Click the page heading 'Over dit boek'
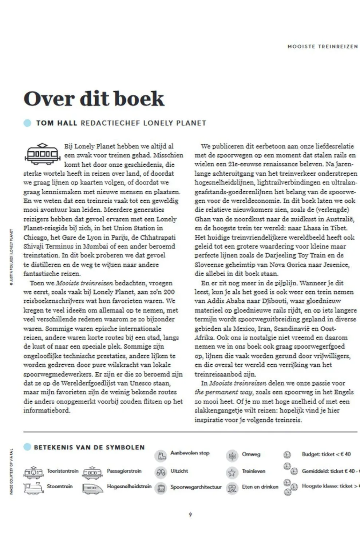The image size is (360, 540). pyautogui.click(x=94, y=99)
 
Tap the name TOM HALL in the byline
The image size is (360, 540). pyautogui.click(x=56, y=123)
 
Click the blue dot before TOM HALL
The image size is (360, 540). pyautogui.click(x=27, y=123)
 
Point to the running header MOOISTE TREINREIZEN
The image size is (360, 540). pyautogui.click(x=323, y=47)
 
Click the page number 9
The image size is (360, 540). pyautogui.click(x=190, y=515)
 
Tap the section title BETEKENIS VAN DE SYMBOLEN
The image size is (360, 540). pyautogui.click(x=89, y=447)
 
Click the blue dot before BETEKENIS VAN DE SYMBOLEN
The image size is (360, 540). pyautogui.click(x=27, y=447)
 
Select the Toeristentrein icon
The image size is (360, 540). pyautogui.click(x=33, y=472)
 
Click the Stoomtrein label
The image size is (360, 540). pyautogui.click(x=60, y=486)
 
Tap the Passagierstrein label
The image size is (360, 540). pyautogui.click(x=124, y=471)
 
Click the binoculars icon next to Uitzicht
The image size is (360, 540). pyautogui.click(x=161, y=472)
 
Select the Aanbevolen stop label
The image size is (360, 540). pyautogui.click(x=190, y=453)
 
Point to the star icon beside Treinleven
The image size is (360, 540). pyautogui.click(x=232, y=472)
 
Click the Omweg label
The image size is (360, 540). pyautogui.click(x=251, y=454)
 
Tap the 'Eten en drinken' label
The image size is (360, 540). pyautogui.click(x=260, y=487)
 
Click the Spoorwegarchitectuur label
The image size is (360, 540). pyautogui.click(x=196, y=487)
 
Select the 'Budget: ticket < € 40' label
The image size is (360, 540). pyautogui.click(x=326, y=454)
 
